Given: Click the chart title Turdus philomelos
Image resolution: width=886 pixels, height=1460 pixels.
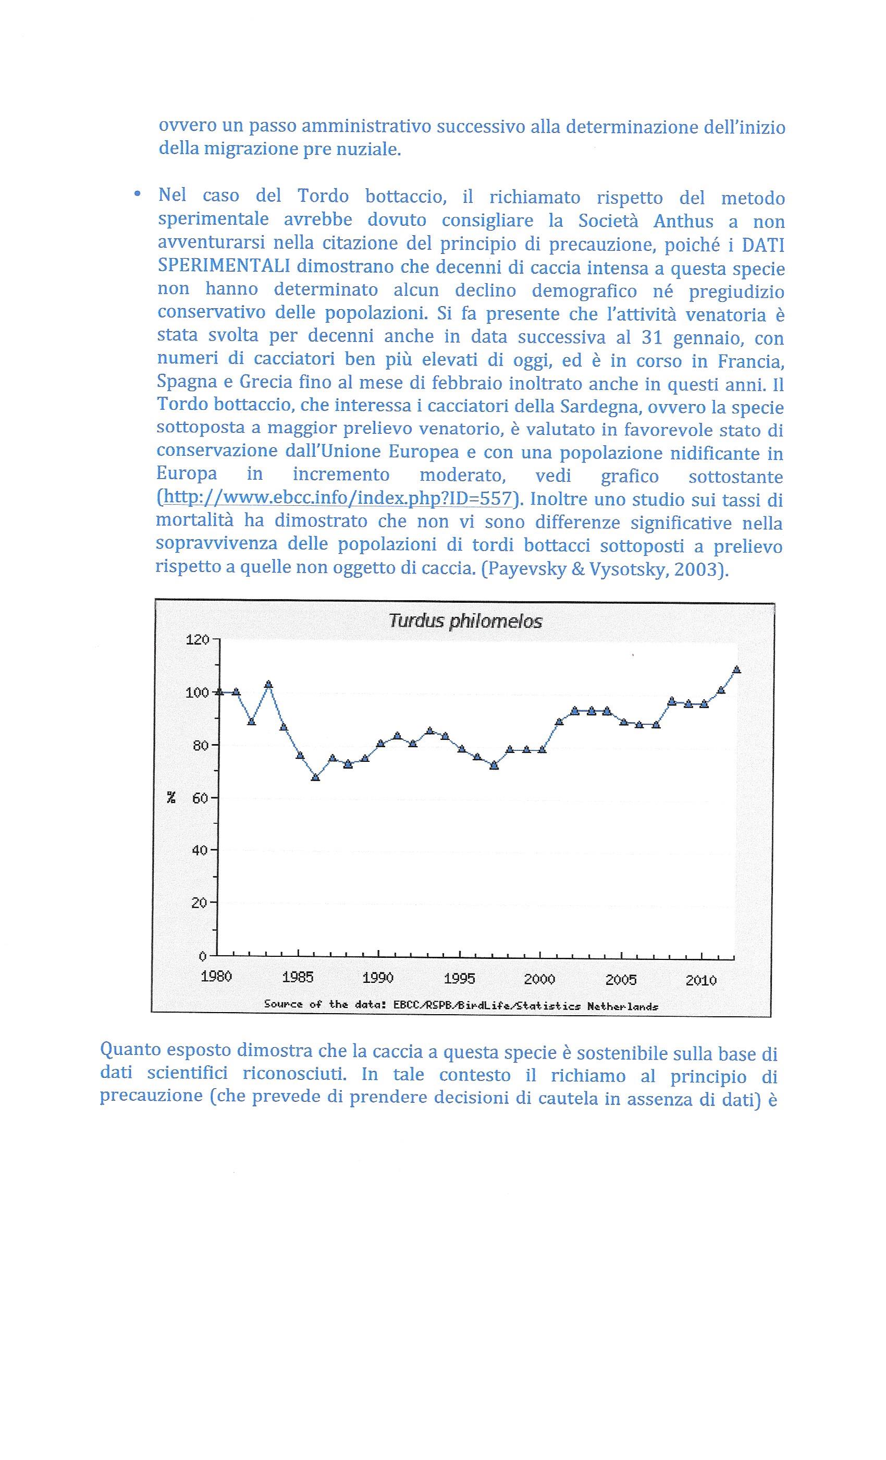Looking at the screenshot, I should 465,622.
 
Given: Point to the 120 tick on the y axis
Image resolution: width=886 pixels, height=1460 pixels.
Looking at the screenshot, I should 198,640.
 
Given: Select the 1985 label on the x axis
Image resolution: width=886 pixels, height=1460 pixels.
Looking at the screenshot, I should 297,977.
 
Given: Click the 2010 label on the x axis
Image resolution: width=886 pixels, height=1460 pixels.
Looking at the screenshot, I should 701,979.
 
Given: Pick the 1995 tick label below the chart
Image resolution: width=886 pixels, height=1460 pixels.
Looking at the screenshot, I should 460,978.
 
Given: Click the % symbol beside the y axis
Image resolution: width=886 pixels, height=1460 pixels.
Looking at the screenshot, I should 171,798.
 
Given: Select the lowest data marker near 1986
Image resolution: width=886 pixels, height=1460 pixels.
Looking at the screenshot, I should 316,777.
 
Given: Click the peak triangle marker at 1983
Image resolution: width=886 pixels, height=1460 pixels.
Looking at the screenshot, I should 268,684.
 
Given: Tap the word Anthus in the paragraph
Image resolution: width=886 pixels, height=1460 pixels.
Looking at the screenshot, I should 683,221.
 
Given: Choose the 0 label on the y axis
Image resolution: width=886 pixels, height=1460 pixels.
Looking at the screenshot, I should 203,956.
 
